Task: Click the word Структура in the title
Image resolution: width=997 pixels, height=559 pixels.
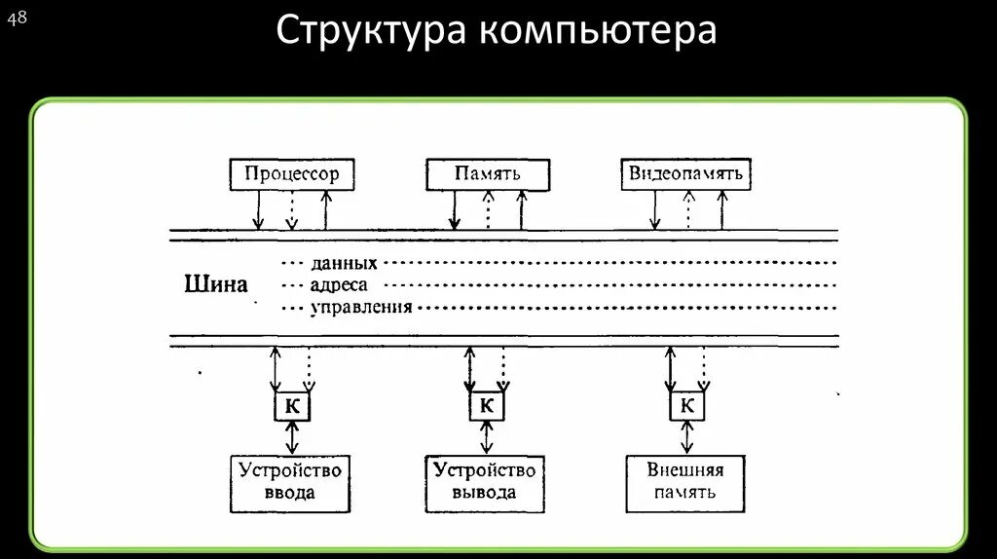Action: (x=369, y=31)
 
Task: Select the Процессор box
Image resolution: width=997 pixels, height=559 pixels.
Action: (x=291, y=174)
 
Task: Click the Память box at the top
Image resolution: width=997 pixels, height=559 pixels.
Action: (x=487, y=174)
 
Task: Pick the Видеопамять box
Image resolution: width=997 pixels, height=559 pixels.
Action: (x=686, y=174)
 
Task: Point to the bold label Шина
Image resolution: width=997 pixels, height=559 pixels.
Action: (x=216, y=284)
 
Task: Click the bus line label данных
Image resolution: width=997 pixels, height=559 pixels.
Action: (x=344, y=263)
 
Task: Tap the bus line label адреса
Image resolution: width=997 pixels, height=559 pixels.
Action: (x=339, y=285)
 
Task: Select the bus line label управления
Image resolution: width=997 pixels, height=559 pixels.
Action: (x=361, y=308)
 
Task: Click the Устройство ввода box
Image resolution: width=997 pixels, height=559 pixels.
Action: (x=290, y=482)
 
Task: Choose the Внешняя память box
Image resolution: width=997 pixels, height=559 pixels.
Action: (x=685, y=482)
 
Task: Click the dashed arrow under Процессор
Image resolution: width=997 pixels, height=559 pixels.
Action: (x=291, y=210)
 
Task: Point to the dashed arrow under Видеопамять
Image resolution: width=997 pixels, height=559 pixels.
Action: (x=688, y=210)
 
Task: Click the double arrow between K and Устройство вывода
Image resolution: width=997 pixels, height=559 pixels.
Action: (x=487, y=437)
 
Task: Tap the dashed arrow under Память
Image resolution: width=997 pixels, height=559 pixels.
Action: (x=488, y=210)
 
